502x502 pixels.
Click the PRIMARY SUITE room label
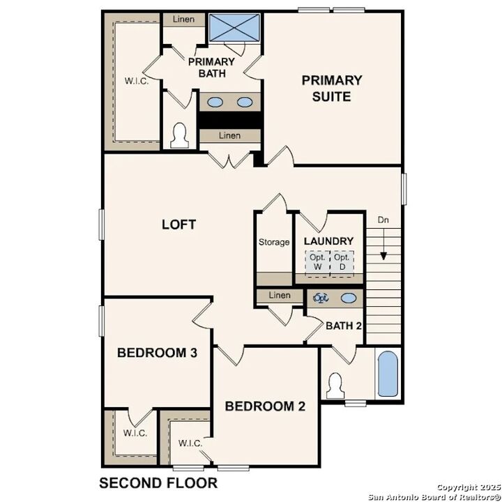331,89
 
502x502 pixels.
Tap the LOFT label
178,225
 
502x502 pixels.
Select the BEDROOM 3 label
157,353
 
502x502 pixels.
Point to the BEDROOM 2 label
265,406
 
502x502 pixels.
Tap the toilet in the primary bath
181,135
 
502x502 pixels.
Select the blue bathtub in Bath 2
386,374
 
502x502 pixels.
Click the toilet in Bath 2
335,386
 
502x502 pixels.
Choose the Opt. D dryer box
342,262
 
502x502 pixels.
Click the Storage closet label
274,242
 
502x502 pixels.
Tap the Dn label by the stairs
383,220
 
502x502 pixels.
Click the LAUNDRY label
329,241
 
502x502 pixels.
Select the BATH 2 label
344,326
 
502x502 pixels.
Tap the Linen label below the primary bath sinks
229,135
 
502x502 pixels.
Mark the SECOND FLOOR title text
158,482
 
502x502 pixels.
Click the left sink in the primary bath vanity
216,102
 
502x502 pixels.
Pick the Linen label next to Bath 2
280,296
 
